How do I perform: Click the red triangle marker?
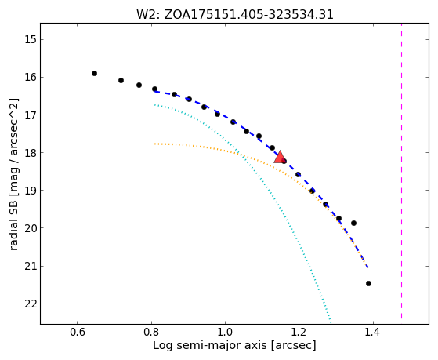click(x=280, y=157)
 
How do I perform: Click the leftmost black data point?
click(x=94, y=73)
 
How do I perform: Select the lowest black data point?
click(x=368, y=283)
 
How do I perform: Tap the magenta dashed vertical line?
click(x=401, y=171)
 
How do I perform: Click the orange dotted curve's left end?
click(x=154, y=144)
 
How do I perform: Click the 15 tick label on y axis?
click(x=31, y=39)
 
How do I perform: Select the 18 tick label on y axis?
click(x=31, y=153)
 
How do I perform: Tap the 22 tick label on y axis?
click(x=31, y=304)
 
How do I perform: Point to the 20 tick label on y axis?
click(x=31, y=228)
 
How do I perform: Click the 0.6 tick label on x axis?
click(x=78, y=333)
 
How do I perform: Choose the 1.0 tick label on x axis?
click(x=225, y=333)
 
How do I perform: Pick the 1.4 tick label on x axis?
click(x=373, y=333)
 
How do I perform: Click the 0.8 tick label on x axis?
click(x=151, y=333)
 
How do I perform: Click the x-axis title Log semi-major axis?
click(x=209, y=346)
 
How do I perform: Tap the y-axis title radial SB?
click(x=13, y=223)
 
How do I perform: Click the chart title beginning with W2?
click(x=234, y=15)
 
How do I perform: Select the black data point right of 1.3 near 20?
click(x=353, y=223)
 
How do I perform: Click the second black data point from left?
click(x=121, y=80)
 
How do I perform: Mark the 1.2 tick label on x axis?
click(x=299, y=333)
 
